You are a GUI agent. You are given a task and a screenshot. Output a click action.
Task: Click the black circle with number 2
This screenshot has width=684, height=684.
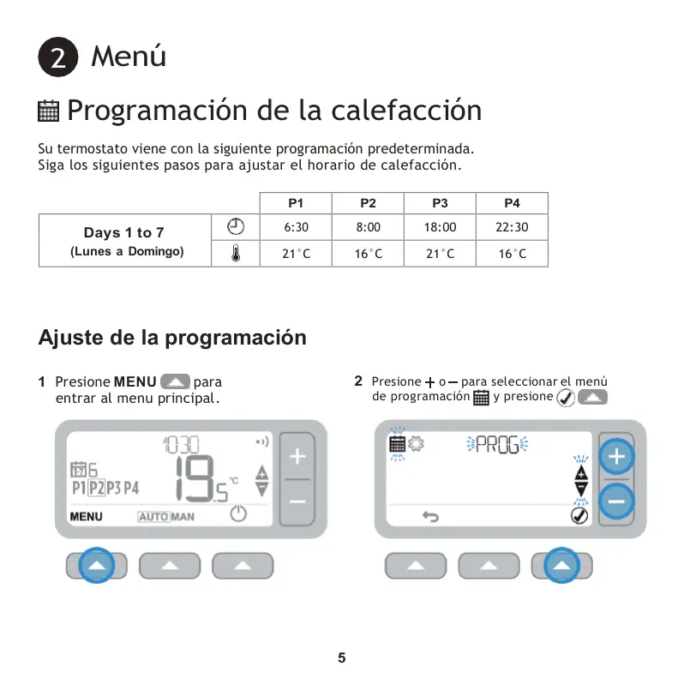click(58, 57)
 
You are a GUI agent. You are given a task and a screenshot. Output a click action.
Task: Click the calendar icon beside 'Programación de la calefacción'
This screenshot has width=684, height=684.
click(48, 111)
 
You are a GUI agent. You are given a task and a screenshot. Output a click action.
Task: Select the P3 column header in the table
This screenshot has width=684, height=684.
click(440, 203)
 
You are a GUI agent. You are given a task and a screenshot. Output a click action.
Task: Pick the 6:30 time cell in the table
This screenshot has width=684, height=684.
click(296, 227)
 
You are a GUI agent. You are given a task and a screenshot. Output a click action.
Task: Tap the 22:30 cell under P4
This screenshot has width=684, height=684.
click(512, 227)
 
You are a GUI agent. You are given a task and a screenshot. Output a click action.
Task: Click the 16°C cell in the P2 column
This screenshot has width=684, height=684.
click(368, 254)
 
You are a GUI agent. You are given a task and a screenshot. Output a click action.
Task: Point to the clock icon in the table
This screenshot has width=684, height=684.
click(236, 226)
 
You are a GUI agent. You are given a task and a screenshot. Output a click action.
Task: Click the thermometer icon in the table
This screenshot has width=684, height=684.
click(236, 253)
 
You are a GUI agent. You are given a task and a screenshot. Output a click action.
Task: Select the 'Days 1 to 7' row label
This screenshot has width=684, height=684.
click(124, 232)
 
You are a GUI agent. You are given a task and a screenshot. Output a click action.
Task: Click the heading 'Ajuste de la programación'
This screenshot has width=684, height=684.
click(172, 337)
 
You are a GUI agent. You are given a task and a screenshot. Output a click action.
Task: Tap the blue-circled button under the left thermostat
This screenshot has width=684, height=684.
click(96, 566)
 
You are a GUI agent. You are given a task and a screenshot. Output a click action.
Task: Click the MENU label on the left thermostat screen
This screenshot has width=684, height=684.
click(86, 517)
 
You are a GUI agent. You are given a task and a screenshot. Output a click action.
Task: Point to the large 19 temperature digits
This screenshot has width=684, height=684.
click(195, 478)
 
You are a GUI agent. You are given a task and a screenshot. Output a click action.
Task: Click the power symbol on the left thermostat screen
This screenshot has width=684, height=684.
click(238, 513)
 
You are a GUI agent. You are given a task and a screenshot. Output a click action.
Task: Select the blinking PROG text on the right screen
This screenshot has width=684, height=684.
click(497, 445)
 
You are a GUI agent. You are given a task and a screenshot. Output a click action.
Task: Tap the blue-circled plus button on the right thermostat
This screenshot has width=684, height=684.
click(616, 457)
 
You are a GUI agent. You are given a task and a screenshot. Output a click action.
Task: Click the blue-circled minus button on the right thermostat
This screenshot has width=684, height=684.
click(616, 501)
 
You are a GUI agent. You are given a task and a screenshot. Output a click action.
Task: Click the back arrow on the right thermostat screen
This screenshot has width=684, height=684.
click(430, 517)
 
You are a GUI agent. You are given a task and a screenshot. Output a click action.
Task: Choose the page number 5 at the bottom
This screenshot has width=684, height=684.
click(341, 657)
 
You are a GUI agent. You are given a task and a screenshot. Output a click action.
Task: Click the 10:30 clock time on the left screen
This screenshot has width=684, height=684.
click(181, 445)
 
